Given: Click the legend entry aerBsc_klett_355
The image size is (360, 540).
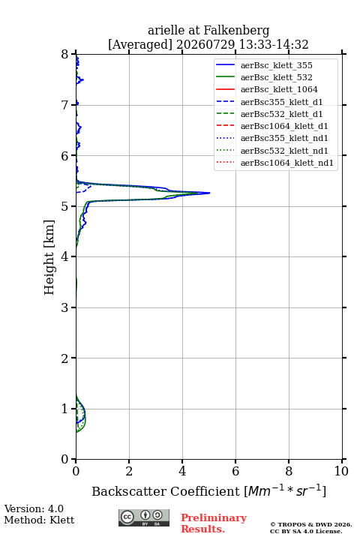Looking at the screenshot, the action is (276, 65).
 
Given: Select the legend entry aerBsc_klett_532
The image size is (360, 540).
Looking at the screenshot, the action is (276, 77).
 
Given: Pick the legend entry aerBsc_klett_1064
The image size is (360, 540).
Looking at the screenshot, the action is (279, 89).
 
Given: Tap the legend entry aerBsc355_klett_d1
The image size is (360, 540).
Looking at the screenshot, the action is (281, 102).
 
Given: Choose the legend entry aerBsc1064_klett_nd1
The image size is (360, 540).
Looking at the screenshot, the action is (287, 163).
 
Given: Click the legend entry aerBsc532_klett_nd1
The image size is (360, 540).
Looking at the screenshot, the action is (284, 151).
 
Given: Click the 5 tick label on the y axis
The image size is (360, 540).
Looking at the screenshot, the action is (65, 206).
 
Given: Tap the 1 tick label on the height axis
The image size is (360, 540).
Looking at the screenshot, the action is (65, 409).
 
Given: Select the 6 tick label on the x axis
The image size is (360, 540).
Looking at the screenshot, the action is (235, 471).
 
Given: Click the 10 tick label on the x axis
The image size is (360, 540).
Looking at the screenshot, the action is (341, 471).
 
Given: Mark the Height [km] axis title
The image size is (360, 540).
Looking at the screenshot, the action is (49, 257).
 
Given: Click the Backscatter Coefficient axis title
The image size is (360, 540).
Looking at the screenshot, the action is (208, 490).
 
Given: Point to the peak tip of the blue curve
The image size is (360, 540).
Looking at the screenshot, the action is (210, 193).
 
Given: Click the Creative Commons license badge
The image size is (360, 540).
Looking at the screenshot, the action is (144, 517).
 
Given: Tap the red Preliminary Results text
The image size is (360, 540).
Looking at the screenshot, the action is (214, 523).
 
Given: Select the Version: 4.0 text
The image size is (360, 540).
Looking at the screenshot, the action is (34, 508).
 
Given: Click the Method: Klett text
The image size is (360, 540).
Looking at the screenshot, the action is (39, 520).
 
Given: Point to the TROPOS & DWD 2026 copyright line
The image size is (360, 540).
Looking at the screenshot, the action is (311, 524).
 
